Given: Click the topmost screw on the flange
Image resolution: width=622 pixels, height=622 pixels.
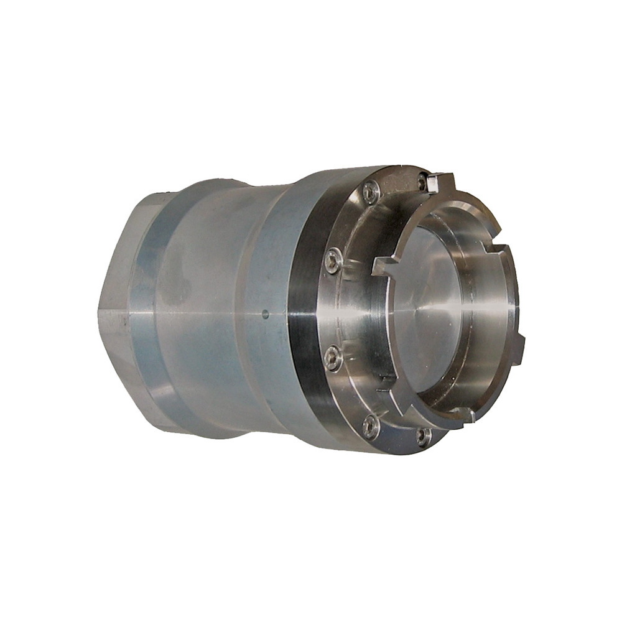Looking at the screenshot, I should coord(424,182).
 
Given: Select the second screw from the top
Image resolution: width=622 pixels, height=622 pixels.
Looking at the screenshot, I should coord(371,191).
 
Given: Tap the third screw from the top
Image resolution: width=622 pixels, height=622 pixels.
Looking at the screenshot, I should coord(333,260).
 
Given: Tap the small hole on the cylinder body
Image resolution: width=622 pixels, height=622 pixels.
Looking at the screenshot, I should coord(266,314).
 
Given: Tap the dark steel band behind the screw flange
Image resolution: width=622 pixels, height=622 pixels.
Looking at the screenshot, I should coord(305,311).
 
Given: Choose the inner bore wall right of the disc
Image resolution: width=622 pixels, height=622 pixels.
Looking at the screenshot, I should coord(488,311).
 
